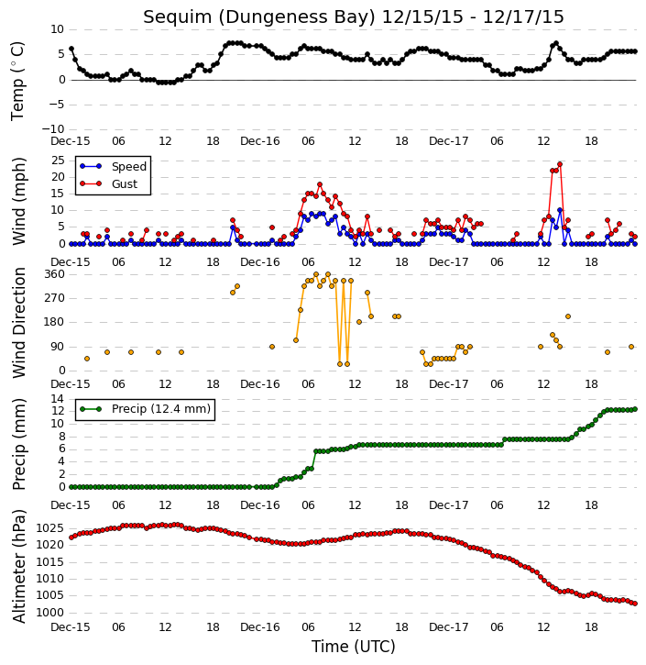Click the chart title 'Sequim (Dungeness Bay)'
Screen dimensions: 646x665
[x=259, y=17]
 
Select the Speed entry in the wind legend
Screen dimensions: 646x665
[x=113, y=166]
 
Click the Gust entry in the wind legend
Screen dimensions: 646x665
[x=109, y=183]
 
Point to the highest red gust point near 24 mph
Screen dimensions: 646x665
[x=560, y=164]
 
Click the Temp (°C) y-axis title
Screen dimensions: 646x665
[x=17, y=81]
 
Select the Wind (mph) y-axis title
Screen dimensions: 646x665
[x=19, y=201]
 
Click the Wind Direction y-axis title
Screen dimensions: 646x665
[x=19, y=322]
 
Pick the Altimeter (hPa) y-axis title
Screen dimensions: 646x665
[x=19, y=566]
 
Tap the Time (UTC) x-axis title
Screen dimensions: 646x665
[x=354, y=647]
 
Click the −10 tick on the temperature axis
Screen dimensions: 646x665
[x=53, y=129]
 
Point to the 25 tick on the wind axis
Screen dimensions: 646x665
[x=58, y=161]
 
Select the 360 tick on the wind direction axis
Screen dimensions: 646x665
[x=55, y=274]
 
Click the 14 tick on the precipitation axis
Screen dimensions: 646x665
[x=58, y=399]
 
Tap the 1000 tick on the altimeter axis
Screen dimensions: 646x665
[x=50, y=613]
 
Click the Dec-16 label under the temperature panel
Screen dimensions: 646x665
[x=259, y=141]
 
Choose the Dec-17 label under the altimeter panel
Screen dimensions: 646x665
[x=449, y=626]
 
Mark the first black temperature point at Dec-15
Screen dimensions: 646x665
[x=71, y=49]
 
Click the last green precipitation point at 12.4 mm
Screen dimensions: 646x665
[x=635, y=409]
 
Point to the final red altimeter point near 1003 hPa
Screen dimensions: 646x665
[x=635, y=604]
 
